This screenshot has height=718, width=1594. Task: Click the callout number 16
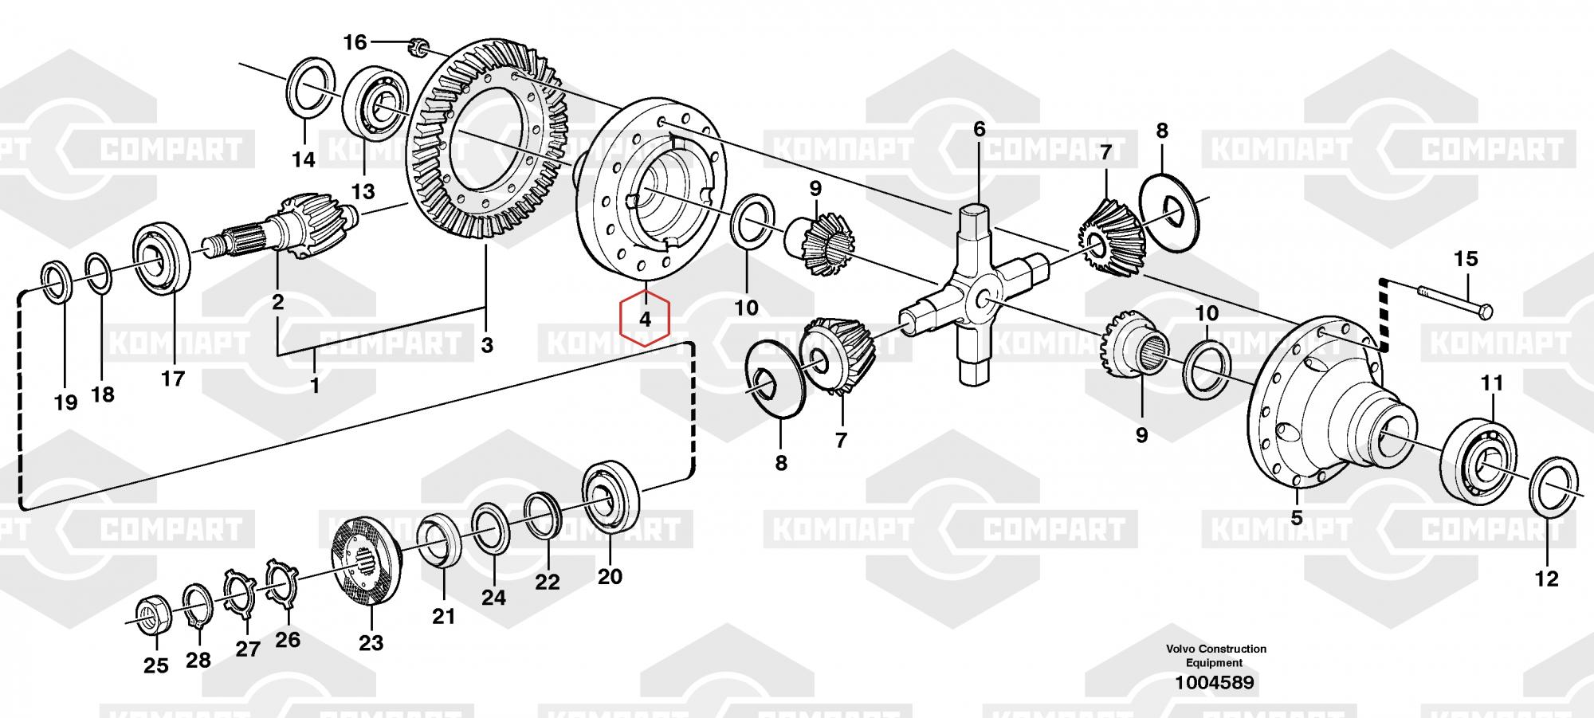click(x=355, y=41)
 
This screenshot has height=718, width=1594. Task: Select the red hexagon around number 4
click(x=646, y=320)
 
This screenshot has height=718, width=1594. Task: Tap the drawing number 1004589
click(x=1214, y=682)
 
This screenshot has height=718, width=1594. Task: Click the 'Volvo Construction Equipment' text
click(x=1215, y=656)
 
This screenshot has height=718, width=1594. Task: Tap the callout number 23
click(x=371, y=641)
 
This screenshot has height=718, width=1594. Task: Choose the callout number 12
click(x=1546, y=579)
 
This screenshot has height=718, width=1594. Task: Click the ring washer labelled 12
click(x=1555, y=487)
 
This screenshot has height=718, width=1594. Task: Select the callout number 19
click(x=65, y=402)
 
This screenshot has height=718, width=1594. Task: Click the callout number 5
click(x=1297, y=518)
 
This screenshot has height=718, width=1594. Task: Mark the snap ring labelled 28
click(x=198, y=607)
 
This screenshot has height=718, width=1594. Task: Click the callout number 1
click(x=315, y=386)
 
